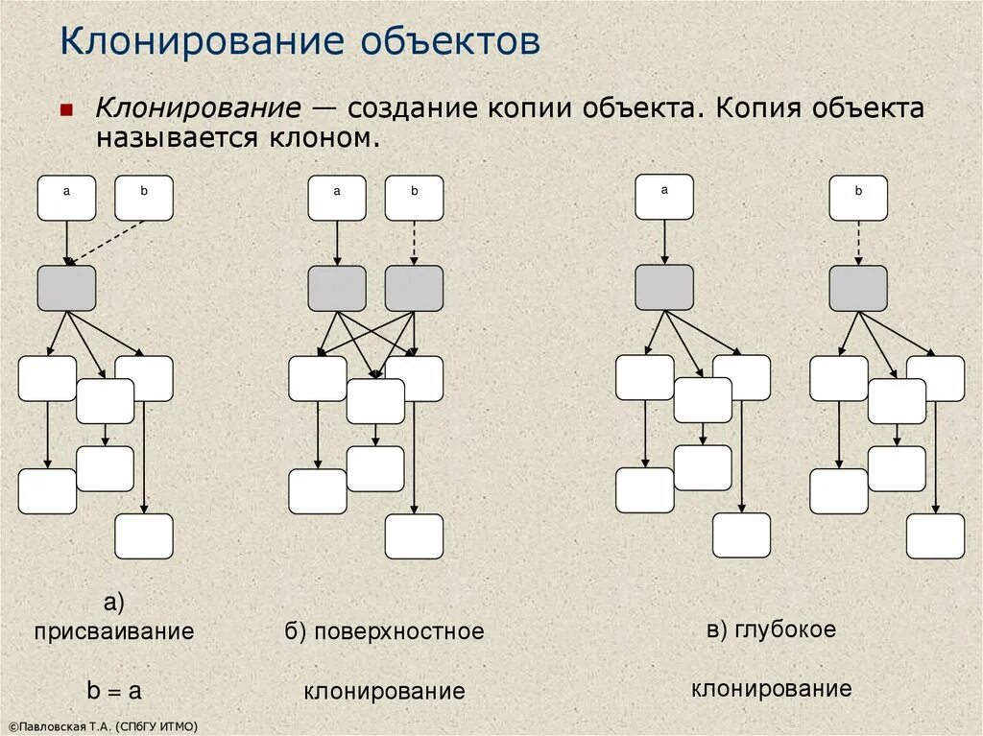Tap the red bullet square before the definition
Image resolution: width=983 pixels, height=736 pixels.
pyautogui.click(x=66, y=110)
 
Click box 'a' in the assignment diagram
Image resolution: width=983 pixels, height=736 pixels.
pyautogui.click(x=67, y=198)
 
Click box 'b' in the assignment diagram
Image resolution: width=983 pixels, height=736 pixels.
pyautogui.click(x=144, y=198)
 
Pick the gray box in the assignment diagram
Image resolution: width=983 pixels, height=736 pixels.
pyautogui.click(x=67, y=288)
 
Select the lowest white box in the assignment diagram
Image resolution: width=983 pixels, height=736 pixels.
pyautogui.click(x=144, y=536)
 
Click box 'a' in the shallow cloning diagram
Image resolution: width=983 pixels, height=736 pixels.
pyautogui.click(x=337, y=198)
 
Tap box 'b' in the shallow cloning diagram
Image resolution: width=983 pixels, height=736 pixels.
pyautogui.click(x=415, y=198)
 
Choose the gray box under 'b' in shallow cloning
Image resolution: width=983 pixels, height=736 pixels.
pyautogui.click(x=415, y=288)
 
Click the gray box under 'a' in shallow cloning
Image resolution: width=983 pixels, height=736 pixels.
pyautogui.click(x=337, y=288)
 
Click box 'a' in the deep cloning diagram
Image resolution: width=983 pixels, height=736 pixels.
pyautogui.click(x=664, y=197)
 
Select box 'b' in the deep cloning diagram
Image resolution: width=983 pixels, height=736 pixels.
pyautogui.click(x=858, y=198)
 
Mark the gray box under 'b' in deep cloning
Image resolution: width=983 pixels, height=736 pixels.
pyautogui.click(x=858, y=288)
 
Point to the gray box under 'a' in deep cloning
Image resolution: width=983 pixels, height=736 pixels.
pyautogui.click(x=664, y=287)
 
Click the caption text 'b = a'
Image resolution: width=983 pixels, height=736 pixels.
pyautogui.click(x=114, y=691)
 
